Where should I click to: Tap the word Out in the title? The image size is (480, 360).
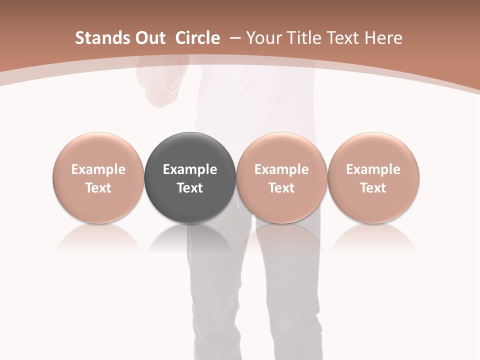click(149, 38)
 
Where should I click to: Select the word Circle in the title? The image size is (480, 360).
click(197, 38)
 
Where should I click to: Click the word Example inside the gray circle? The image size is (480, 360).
click(190, 169)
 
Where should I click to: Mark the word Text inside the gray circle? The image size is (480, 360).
click(190, 188)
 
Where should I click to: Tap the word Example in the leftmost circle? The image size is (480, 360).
click(98, 169)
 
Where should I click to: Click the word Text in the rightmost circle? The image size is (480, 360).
click(373, 188)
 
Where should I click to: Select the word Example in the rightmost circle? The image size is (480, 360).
click(373, 169)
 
